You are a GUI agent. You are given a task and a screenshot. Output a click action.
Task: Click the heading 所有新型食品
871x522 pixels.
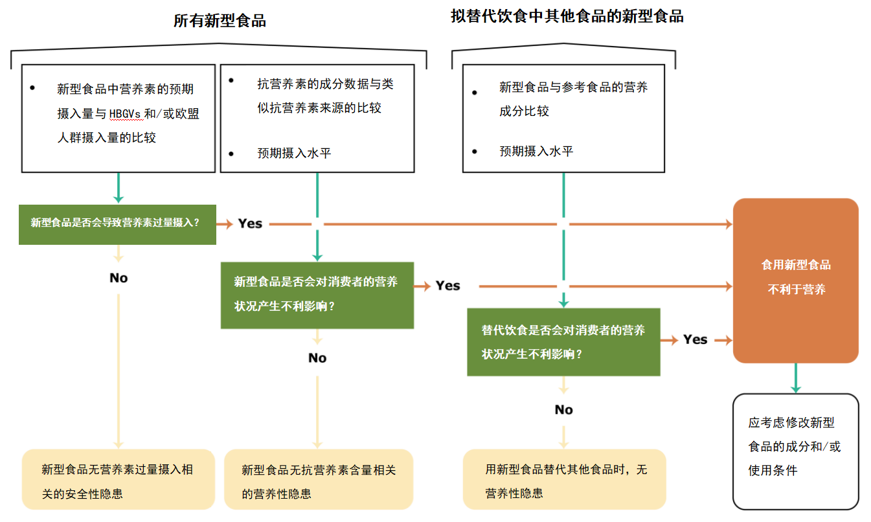[x=220, y=21]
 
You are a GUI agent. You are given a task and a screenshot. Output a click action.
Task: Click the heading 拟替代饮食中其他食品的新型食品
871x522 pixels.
[x=567, y=16]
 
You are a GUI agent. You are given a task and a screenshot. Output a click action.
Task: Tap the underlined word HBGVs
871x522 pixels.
[x=125, y=114]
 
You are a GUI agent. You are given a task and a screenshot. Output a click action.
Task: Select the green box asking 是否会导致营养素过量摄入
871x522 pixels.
[x=117, y=223]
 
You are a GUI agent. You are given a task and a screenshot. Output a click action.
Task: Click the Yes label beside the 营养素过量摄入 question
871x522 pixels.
[x=250, y=223]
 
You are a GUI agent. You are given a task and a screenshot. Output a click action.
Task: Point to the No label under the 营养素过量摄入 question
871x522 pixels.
[x=119, y=278]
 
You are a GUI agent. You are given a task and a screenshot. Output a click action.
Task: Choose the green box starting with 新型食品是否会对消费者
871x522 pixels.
[x=317, y=295]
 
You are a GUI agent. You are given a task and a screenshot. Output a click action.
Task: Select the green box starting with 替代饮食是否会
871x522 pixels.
[x=563, y=342]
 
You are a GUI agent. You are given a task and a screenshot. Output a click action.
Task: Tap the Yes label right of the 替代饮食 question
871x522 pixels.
[x=695, y=339]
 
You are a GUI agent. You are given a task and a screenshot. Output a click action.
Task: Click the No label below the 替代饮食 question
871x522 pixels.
[x=563, y=409]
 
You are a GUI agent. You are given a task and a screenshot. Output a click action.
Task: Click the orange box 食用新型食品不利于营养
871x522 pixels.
[x=795, y=280]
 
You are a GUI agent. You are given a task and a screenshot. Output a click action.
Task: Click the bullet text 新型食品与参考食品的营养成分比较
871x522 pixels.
[x=572, y=98]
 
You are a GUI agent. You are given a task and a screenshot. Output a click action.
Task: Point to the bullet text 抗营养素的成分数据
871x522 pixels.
[x=325, y=95]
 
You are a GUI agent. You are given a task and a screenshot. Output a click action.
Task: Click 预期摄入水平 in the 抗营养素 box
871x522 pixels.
[x=294, y=153]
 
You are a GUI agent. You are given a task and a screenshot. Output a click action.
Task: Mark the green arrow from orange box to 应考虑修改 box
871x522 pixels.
[x=795, y=378]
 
